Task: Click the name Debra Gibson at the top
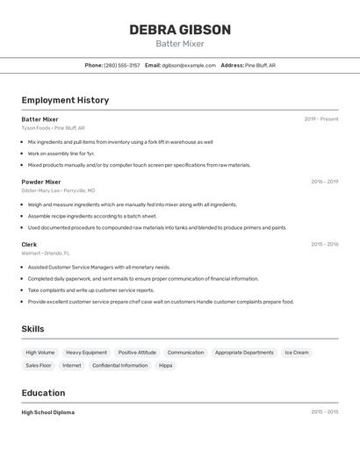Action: point(180,30)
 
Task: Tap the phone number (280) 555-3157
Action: point(122,65)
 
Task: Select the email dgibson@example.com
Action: point(189,65)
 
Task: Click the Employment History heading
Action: point(65,100)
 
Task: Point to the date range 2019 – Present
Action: point(321,119)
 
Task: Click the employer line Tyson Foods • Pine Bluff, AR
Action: point(53,128)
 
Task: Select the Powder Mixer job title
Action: point(41,182)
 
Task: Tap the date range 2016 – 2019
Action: point(324,182)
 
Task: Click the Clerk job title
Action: point(29,244)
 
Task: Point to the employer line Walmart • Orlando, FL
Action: point(46,253)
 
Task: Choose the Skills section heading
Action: point(33,329)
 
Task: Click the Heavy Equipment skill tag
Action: point(86,353)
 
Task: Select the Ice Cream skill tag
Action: point(297,353)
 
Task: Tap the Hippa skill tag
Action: point(165,365)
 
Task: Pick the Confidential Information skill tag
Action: point(119,365)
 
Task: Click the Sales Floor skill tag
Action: point(39,365)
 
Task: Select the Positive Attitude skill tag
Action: point(137,353)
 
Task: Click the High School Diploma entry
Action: point(48,412)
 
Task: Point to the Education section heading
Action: point(43,393)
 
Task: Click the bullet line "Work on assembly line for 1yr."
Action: point(61,154)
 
